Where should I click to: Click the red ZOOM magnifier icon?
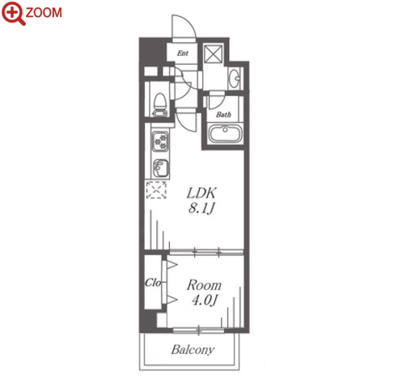[14, 13]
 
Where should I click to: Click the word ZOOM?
[44, 13]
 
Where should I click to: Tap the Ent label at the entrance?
[183, 53]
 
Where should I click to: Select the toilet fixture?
[159, 105]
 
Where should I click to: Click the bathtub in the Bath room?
[225, 133]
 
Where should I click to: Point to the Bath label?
[223, 115]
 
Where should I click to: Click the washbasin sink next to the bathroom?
[234, 78]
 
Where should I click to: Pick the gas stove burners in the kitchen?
[160, 141]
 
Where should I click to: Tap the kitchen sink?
[160, 168]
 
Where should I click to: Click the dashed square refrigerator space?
[156, 190]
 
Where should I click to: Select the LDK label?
[201, 193]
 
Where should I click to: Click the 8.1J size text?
[201, 208]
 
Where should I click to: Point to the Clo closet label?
[153, 283]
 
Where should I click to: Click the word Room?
[204, 285]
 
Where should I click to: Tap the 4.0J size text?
[204, 300]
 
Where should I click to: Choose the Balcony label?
[193, 350]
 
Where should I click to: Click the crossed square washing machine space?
[213, 53]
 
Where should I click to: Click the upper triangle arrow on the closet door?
[172, 265]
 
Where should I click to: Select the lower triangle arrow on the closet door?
[172, 300]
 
